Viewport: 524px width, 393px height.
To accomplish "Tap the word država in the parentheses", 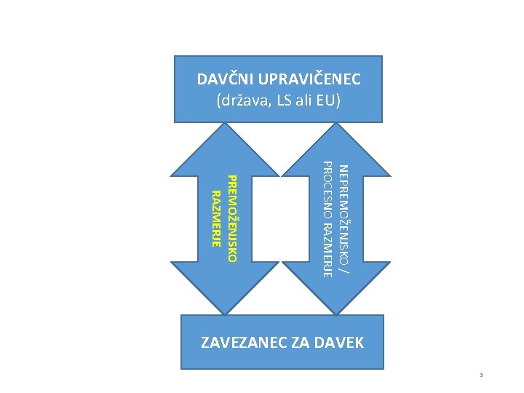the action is [245, 100].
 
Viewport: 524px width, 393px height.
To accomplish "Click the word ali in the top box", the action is [308, 100].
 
